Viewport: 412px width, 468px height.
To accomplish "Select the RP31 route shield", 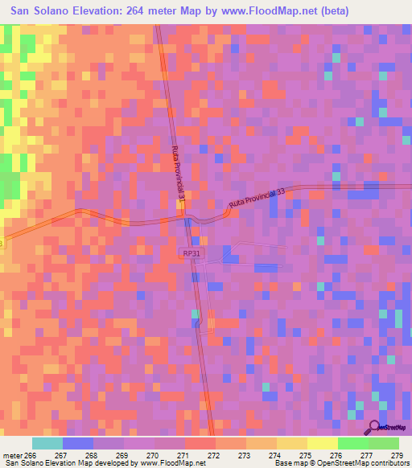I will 190,252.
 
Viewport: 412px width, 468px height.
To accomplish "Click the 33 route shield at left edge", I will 2,242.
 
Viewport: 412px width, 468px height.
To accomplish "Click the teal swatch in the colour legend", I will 47,443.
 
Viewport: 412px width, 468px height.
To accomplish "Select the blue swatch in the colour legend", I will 78,443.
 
